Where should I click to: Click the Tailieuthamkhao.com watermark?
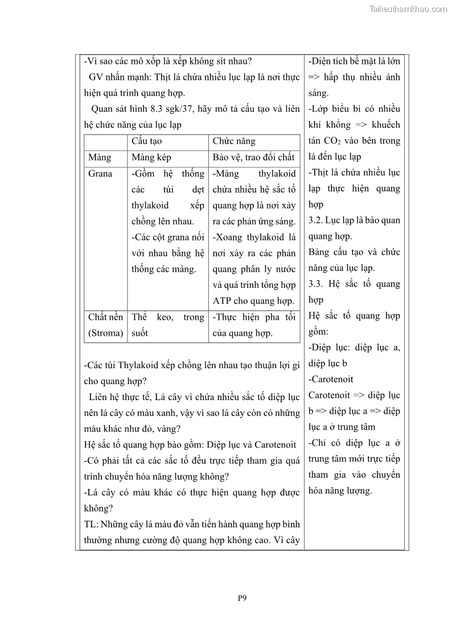[x=408, y=9]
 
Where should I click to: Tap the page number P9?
[x=242, y=598]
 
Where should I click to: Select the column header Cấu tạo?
[x=147, y=141]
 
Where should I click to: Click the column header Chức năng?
[x=234, y=141]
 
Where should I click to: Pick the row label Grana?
[x=100, y=173]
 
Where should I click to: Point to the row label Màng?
[x=100, y=157]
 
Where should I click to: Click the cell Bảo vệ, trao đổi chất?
[x=253, y=157]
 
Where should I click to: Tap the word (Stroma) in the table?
[x=105, y=333]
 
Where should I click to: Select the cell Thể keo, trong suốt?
[x=167, y=325]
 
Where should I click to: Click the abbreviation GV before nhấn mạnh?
[x=97, y=77]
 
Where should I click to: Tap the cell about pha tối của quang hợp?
[x=254, y=325]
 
